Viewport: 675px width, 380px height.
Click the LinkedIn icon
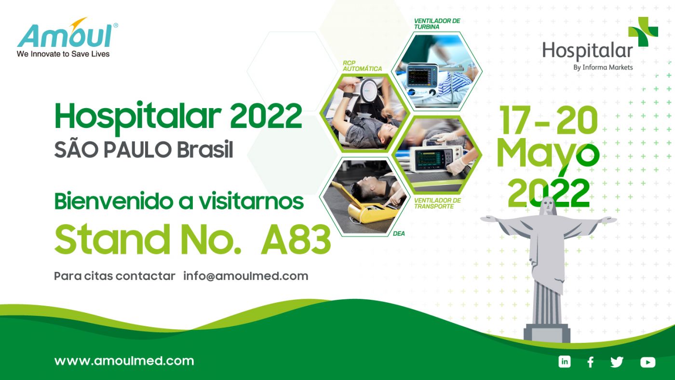565,362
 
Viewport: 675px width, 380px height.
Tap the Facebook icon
591,362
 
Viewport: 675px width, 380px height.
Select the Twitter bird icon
617,362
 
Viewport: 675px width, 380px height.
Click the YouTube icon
648,362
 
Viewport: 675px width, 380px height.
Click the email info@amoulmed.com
245,276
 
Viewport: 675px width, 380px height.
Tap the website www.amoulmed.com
124,361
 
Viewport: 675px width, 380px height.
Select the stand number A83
296,239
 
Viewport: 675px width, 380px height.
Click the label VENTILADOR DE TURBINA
437,24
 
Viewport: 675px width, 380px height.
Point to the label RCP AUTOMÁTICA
362,66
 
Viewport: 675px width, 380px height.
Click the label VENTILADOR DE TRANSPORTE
437,203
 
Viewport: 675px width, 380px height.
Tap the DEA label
399,234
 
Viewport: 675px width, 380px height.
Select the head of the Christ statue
547,206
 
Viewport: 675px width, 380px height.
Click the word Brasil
205,150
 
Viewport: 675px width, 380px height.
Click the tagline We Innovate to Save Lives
63,54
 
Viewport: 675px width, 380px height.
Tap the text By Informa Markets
603,67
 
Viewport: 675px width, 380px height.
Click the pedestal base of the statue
547,333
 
